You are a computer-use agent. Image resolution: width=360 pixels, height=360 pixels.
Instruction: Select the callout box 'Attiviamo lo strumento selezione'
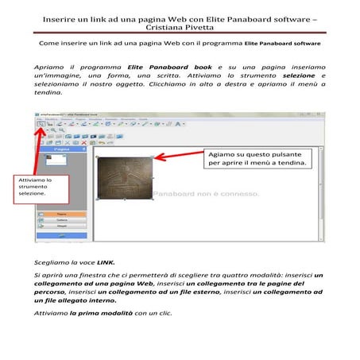[x=36, y=192]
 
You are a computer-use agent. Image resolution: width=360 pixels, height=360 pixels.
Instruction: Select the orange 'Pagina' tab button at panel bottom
[x=63, y=215]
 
